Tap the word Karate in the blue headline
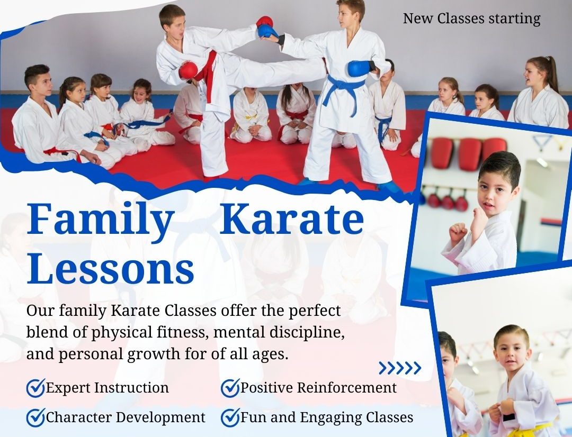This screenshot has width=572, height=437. coord(292,218)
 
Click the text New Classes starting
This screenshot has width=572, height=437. coord(471,19)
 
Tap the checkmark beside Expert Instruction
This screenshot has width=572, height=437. coord(36,387)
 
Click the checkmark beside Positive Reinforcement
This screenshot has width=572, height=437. coord(230,387)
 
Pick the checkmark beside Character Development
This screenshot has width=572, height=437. coord(36,417)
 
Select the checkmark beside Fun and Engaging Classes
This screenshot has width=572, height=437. coord(230,417)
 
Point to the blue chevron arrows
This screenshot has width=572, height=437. coord(400,368)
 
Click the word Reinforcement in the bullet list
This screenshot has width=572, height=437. coord(346,387)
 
